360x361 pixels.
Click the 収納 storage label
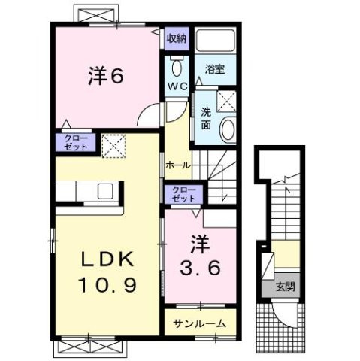tap(177, 38)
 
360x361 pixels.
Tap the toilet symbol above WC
tap(177, 69)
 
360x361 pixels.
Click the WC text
tap(177, 87)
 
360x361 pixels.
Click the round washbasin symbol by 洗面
tap(227, 131)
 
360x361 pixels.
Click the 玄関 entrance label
tap(286, 287)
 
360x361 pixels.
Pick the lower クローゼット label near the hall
tap(180, 193)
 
